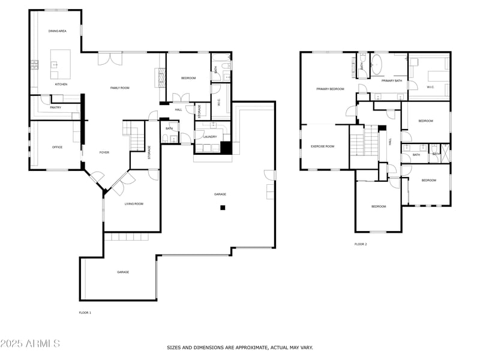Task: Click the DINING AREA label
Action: (58, 30)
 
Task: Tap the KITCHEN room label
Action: (61, 84)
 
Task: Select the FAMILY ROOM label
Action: (120, 88)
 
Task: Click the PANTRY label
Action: (56, 107)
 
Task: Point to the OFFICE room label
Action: (57, 147)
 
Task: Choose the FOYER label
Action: (104, 152)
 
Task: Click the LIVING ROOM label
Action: (134, 204)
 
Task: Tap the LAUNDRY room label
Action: (210, 137)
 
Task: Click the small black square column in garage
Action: (223, 208)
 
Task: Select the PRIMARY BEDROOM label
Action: (331, 89)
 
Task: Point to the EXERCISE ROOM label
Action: (322, 146)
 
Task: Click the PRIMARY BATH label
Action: (391, 80)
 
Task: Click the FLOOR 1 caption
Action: (85, 313)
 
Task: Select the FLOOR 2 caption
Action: (361, 244)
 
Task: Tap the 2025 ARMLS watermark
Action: (30, 344)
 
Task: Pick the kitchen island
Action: (60, 63)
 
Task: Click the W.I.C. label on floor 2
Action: (430, 87)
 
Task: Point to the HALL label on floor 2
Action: (390, 142)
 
